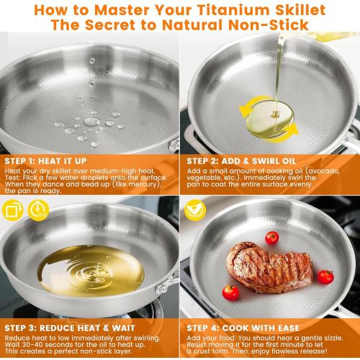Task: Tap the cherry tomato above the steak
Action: click(x=271, y=238)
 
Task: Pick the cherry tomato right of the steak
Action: click(x=325, y=276)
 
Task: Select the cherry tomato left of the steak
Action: click(x=230, y=292)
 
